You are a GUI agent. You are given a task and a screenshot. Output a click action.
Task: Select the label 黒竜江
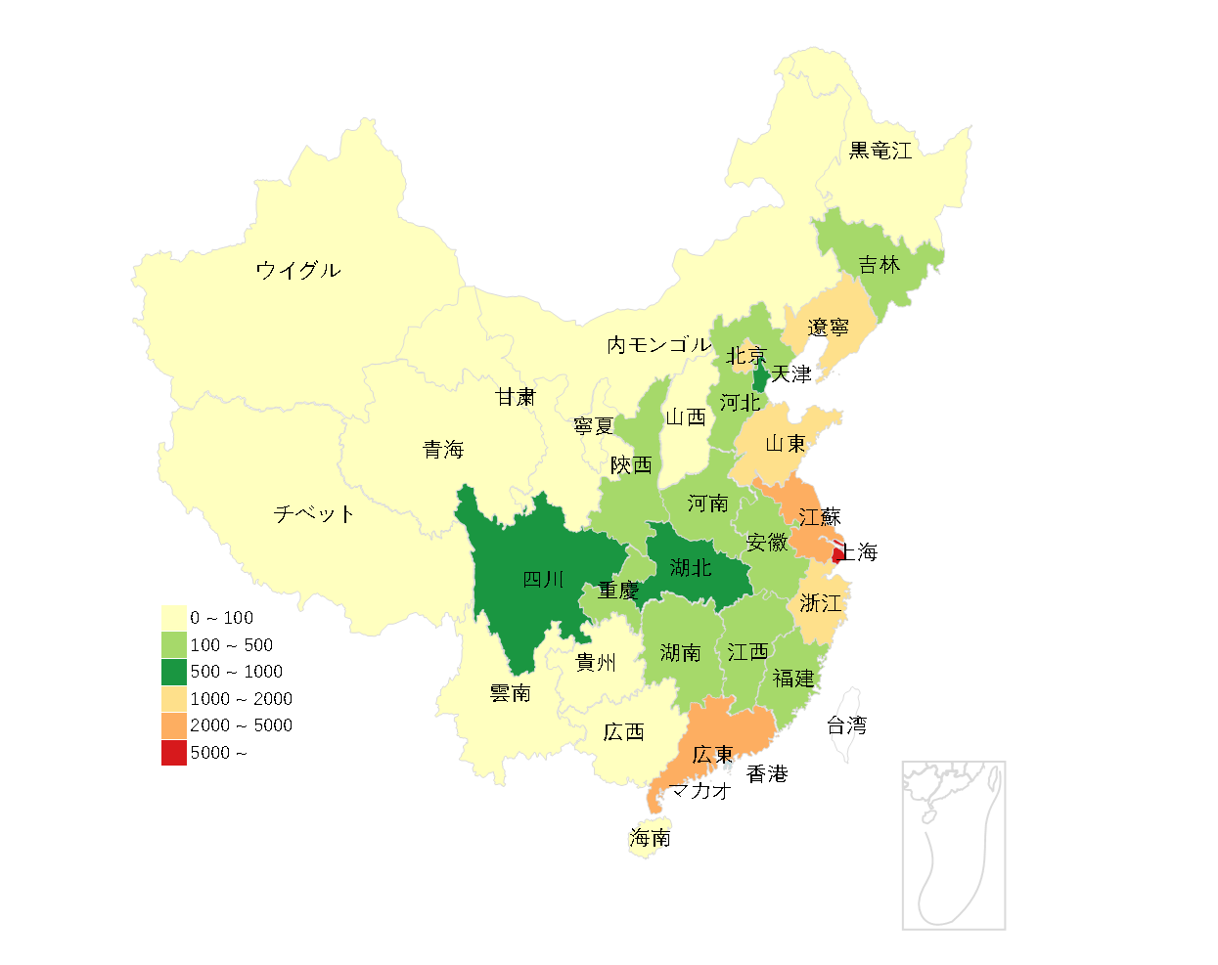pyautogui.click(x=880, y=151)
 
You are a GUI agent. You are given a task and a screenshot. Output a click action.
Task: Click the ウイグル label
pyautogui.click(x=298, y=271)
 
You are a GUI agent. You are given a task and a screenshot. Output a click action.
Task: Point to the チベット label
pyautogui.click(x=313, y=514)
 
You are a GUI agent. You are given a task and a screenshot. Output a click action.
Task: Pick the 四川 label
pyautogui.click(x=543, y=580)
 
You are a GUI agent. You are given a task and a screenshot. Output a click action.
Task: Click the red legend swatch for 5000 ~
pyautogui.click(x=174, y=753)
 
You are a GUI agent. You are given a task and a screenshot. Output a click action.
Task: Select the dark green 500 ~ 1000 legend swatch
pyautogui.click(x=174, y=672)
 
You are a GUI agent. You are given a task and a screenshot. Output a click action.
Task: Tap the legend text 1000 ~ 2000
pyautogui.click(x=241, y=699)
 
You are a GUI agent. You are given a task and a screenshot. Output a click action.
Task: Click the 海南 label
pyautogui.click(x=650, y=838)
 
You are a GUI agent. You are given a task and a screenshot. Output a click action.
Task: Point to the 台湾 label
pyautogui.click(x=846, y=725)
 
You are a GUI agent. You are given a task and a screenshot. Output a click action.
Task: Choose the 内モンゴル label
pyautogui.click(x=658, y=345)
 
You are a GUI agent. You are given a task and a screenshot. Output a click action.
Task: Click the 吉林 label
pyautogui.click(x=879, y=265)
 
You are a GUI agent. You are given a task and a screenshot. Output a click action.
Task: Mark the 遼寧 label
pyautogui.click(x=828, y=328)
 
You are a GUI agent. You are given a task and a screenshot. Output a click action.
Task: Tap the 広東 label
pyautogui.click(x=711, y=755)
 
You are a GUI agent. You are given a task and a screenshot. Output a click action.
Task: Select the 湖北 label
pyautogui.click(x=690, y=568)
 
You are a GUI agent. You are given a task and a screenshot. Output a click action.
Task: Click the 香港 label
pyautogui.click(x=767, y=774)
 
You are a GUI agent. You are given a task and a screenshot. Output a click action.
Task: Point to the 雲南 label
pyautogui.click(x=510, y=693)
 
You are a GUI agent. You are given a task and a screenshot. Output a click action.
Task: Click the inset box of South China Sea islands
pyautogui.click(x=954, y=846)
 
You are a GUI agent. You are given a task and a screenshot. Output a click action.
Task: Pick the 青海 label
pyautogui.click(x=442, y=450)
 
